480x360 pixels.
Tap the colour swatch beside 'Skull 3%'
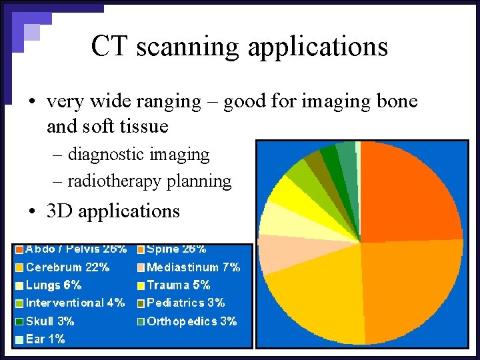click(x=19, y=321)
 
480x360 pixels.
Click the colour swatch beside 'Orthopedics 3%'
click(x=141, y=321)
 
